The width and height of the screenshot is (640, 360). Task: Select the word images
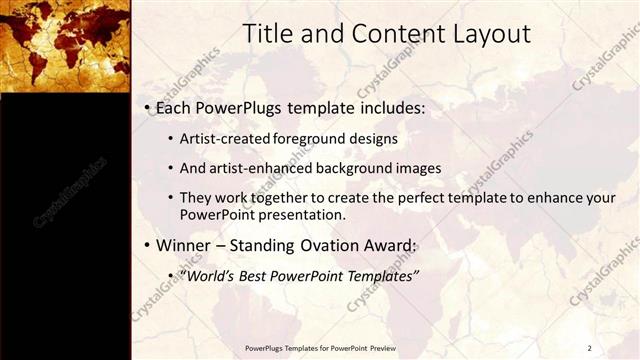[x=416, y=168]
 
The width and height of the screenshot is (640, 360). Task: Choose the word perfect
[x=435, y=198]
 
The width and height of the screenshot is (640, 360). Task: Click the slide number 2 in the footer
[x=589, y=348]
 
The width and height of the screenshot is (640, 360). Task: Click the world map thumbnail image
[x=65, y=45]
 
